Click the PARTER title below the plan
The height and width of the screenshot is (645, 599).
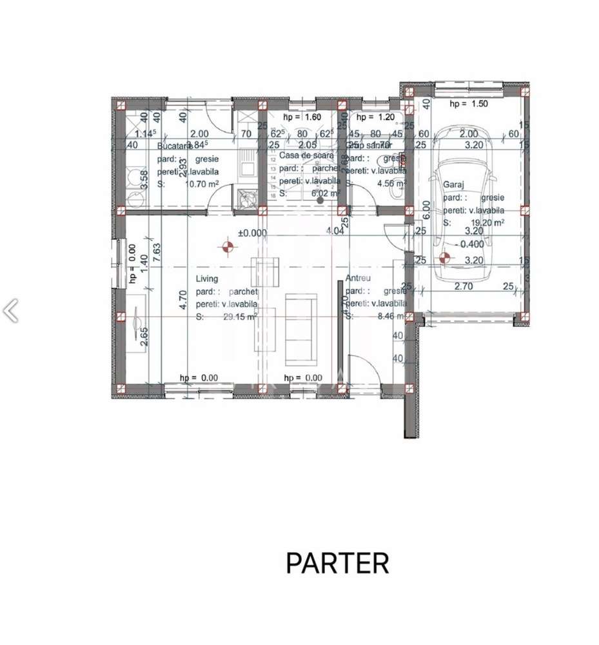click(337, 562)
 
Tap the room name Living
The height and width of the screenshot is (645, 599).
click(207, 279)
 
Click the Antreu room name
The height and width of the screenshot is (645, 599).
click(357, 279)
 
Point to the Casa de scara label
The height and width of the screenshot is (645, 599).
click(306, 156)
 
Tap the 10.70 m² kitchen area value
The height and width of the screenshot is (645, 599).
click(201, 184)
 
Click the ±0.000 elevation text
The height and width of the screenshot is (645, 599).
click(252, 233)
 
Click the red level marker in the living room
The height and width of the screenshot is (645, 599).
click(226, 246)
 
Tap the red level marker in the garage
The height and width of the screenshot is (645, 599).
click(444, 258)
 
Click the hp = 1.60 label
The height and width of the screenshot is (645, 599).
click(302, 117)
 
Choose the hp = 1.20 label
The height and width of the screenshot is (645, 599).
click(375, 117)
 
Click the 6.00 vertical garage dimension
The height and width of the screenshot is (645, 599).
click(425, 210)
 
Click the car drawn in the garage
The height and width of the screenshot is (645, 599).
click(463, 210)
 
